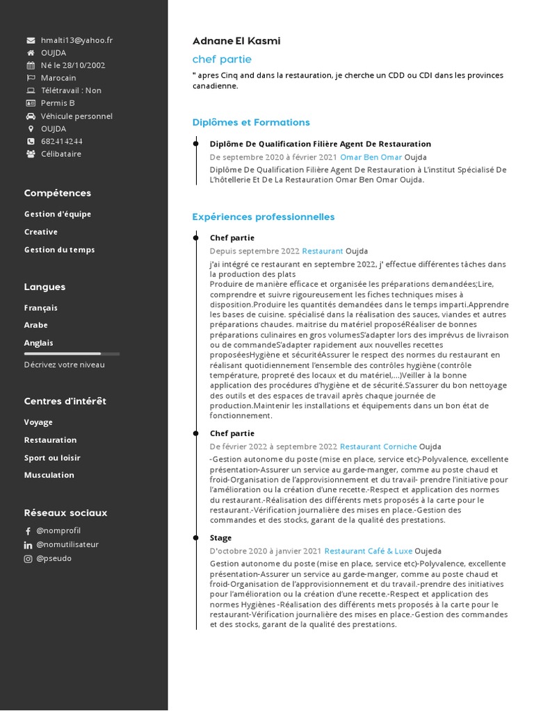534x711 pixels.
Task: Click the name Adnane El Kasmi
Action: pyautogui.click(x=236, y=41)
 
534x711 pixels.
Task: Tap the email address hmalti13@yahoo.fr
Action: pyautogui.click(x=76, y=40)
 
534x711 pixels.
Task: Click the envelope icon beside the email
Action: pyautogui.click(x=31, y=40)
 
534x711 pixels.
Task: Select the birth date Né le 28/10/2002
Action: pyautogui.click(x=73, y=65)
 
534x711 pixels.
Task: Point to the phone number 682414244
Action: pyautogui.click(x=61, y=141)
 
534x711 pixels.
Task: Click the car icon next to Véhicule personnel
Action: pyautogui.click(x=31, y=116)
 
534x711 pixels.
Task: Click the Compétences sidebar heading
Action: pyautogui.click(x=57, y=193)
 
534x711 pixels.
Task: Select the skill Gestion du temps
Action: pyautogui.click(x=59, y=250)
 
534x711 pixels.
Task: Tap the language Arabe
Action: pyautogui.click(x=36, y=325)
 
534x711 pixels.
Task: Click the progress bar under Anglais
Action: pyautogui.click(x=72, y=353)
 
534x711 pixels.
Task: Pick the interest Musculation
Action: pyautogui.click(x=49, y=475)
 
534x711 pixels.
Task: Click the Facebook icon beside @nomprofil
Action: pyautogui.click(x=29, y=531)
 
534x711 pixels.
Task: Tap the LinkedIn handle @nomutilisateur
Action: pyautogui.click(x=67, y=544)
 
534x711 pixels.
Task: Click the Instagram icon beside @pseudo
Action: pyautogui.click(x=29, y=558)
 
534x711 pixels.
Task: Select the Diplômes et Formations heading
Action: pyautogui.click(x=251, y=123)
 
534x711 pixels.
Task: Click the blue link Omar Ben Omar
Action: pyautogui.click(x=371, y=157)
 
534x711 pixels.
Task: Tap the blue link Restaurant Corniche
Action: pyautogui.click(x=378, y=446)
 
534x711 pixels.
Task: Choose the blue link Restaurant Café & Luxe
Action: pyautogui.click(x=368, y=551)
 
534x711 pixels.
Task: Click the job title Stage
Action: pyautogui.click(x=220, y=537)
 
